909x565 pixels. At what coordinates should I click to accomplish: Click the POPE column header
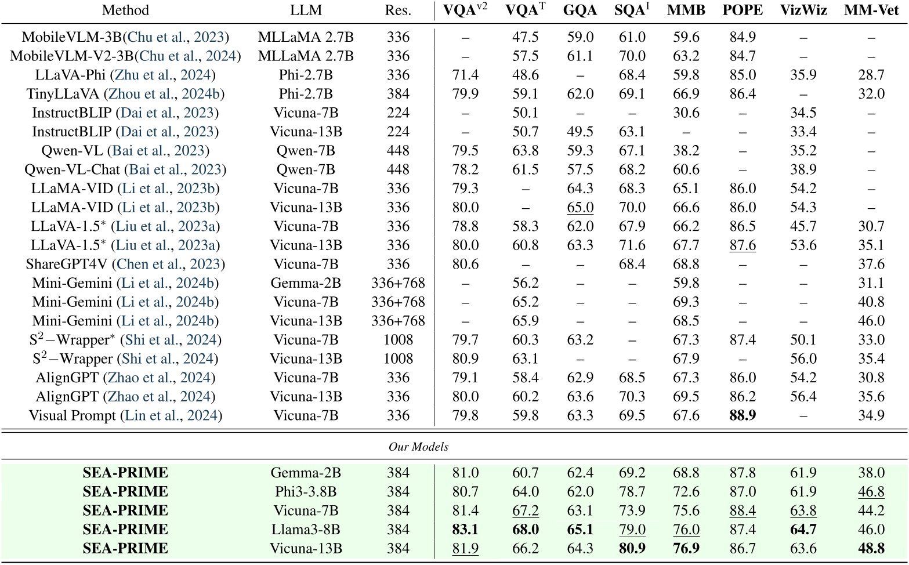(743, 10)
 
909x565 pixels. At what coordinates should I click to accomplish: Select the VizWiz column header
(803, 10)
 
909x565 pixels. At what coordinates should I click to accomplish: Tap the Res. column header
(398, 10)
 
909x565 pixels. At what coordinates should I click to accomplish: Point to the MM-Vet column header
(871, 10)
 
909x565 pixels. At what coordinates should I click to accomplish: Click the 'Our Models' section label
(418, 447)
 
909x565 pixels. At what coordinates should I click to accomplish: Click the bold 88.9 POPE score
(743, 415)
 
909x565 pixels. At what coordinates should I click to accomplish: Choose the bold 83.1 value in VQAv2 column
(465, 529)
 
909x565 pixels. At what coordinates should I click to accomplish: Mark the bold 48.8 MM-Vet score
(871, 548)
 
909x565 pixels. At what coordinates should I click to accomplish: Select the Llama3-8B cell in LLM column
(306, 529)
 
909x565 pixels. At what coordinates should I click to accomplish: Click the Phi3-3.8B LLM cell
(306, 491)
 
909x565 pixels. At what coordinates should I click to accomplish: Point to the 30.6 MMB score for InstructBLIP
(686, 113)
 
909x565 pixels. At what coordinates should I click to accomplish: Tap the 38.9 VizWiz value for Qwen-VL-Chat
(803, 169)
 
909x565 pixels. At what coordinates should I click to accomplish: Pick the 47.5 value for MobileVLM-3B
(526, 37)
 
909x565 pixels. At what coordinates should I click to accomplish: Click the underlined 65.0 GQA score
(580, 207)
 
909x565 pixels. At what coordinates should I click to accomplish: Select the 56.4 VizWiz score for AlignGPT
(803, 396)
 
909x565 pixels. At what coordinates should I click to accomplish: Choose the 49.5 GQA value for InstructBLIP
(580, 132)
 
